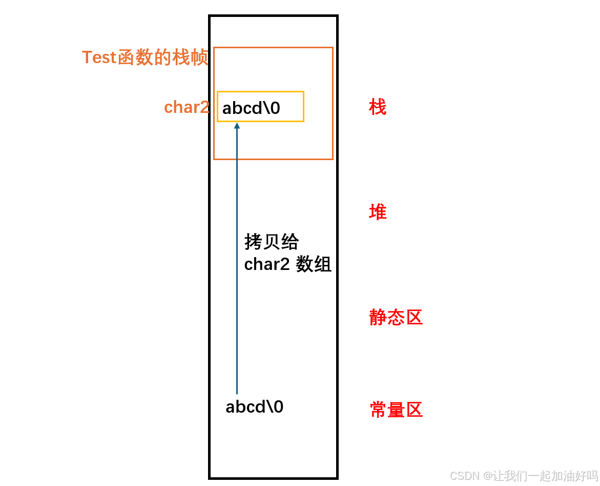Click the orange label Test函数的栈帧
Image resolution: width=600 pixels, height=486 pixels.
click(x=145, y=57)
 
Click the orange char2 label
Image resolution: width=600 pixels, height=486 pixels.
click(x=187, y=107)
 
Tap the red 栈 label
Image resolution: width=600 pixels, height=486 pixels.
click(x=378, y=108)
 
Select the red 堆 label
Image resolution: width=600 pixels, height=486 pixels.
click(x=378, y=212)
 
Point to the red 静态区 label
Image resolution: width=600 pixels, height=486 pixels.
click(x=396, y=318)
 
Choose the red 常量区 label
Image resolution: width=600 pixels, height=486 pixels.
click(x=396, y=410)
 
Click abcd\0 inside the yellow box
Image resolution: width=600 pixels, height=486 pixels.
click(x=251, y=108)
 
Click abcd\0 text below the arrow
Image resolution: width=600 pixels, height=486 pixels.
click(x=254, y=407)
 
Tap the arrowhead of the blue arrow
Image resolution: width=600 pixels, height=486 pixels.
click(x=237, y=125)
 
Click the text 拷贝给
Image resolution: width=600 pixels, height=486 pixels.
click(x=272, y=242)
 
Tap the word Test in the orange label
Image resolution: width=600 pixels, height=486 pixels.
click(x=99, y=57)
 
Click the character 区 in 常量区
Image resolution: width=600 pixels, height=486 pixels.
click(x=414, y=410)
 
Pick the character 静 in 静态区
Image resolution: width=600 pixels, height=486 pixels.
click(x=378, y=318)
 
